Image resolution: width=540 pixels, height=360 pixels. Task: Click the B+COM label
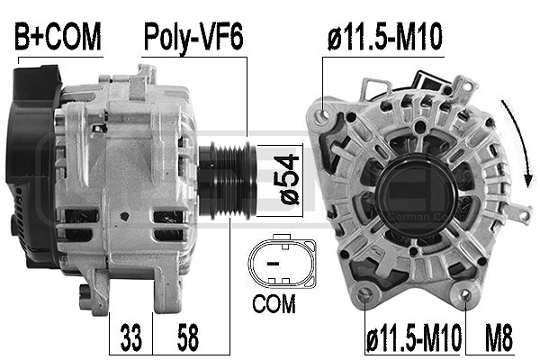[58, 38]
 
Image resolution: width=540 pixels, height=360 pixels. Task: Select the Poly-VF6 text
[194, 38]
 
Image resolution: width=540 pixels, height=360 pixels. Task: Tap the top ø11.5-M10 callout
[385, 38]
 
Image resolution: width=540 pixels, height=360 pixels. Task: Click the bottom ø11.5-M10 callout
[412, 340]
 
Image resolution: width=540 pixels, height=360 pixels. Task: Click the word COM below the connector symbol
[274, 305]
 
